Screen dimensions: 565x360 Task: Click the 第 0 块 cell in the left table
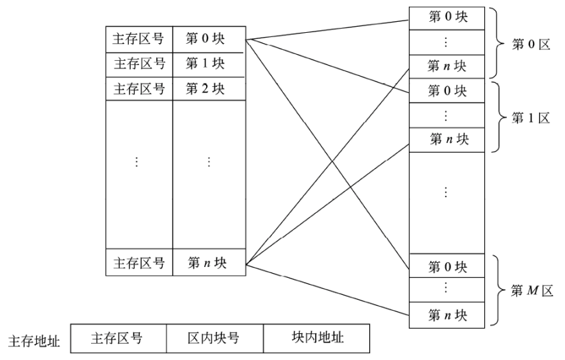click(210, 39)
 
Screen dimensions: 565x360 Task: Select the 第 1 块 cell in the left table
click(210, 65)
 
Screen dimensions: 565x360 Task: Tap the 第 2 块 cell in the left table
click(210, 88)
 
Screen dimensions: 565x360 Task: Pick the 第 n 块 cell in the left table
click(210, 262)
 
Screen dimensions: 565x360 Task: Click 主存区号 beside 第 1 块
click(140, 64)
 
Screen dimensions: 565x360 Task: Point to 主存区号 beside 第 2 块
click(139, 88)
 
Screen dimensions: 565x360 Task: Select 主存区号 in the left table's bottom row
click(139, 263)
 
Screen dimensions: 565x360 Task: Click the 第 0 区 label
click(531, 44)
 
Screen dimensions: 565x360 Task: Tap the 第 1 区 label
click(531, 118)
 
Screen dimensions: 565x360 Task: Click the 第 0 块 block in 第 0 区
click(447, 18)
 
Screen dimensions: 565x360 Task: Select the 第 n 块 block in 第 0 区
click(447, 66)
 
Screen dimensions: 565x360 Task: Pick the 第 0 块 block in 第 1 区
click(447, 91)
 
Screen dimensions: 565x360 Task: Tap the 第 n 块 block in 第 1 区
click(447, 140)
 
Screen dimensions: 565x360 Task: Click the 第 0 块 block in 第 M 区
click(447, 266)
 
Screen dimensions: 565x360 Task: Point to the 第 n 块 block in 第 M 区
click(447, 315)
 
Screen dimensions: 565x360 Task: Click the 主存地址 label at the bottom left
click(34, 341)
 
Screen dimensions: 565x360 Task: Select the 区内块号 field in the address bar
click(215, 338)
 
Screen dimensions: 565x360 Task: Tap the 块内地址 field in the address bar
click(316, 338)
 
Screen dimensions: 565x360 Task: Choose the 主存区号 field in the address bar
click(118, 338)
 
